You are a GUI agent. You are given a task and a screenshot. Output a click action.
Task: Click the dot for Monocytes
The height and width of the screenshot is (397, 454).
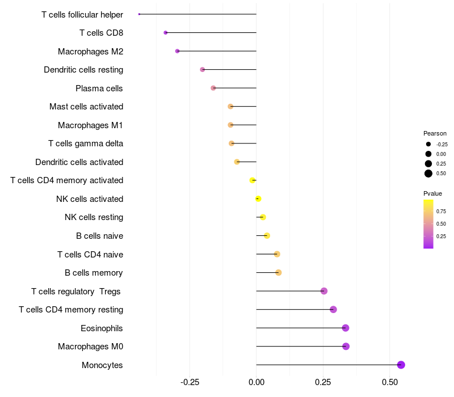pyautogui.click(x=401, y=365)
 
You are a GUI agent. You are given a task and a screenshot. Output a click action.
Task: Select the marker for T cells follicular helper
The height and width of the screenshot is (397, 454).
pyautogui.click(x=139, y=14)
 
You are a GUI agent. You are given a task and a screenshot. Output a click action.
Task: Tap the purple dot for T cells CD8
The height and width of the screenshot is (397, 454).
pyautogui.click(x=166, y=33)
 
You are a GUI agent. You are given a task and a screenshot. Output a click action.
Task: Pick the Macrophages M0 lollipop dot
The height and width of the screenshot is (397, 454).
pyautogui.click(x=346, y=347)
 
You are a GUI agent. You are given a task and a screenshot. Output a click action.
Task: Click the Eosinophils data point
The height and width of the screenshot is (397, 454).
pyautogui.click(x=346, y=328)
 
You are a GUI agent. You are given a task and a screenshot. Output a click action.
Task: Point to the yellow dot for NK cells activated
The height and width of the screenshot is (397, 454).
pyautogui.click(x=258, y=198)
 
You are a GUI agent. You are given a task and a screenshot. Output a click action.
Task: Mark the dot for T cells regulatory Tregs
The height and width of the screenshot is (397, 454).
pyautogui.click(x=324, y=291)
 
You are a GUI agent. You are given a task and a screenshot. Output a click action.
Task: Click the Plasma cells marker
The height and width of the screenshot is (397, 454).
pyautogui.click(x=213, y=88)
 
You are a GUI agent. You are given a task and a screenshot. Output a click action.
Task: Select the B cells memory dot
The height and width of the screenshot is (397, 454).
pyautogui.click(x=278, y=273)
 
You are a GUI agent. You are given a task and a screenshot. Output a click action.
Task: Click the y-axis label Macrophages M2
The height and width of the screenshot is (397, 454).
pyautogui.click(x=90, y=52)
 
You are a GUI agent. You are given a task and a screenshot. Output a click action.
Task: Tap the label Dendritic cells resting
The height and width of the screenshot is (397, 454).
pyautogui.click(x=83, y=70)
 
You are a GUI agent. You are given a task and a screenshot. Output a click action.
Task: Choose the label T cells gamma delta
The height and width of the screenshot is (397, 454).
pyautogui.click(x=86, y=143)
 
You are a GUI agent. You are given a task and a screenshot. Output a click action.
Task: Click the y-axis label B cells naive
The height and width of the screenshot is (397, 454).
pyautogui.click(x=99, y=236)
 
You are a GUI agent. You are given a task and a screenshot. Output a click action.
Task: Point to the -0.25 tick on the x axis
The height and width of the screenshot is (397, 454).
pyautogui.click(x=190, y=382)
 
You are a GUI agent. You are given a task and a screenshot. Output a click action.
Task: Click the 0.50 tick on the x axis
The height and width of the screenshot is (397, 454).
pyautogui.click(x=390, y=382)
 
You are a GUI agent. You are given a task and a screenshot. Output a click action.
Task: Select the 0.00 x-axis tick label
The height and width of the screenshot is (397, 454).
pyautogui.click(x=257, y=382)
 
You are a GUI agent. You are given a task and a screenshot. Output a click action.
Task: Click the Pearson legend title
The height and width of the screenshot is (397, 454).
pyautogui.click(x=435, y=133)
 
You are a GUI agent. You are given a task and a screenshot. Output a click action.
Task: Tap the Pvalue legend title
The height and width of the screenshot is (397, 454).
pyautogui.click(x=432, y=193)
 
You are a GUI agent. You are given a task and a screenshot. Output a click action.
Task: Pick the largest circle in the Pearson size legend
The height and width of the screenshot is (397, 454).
pyautogui.click(x=428, y=174)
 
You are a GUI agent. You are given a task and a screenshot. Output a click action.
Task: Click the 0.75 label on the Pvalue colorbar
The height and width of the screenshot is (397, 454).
pyautogui.click(x=441, y=211)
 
